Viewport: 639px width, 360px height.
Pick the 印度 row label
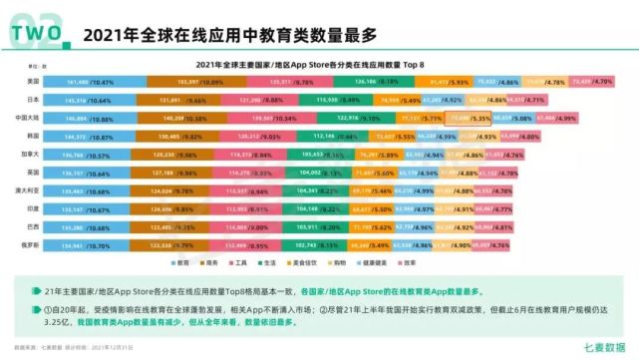click(x=34, y=208)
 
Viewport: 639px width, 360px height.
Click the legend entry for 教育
click(x=178, y=262)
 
